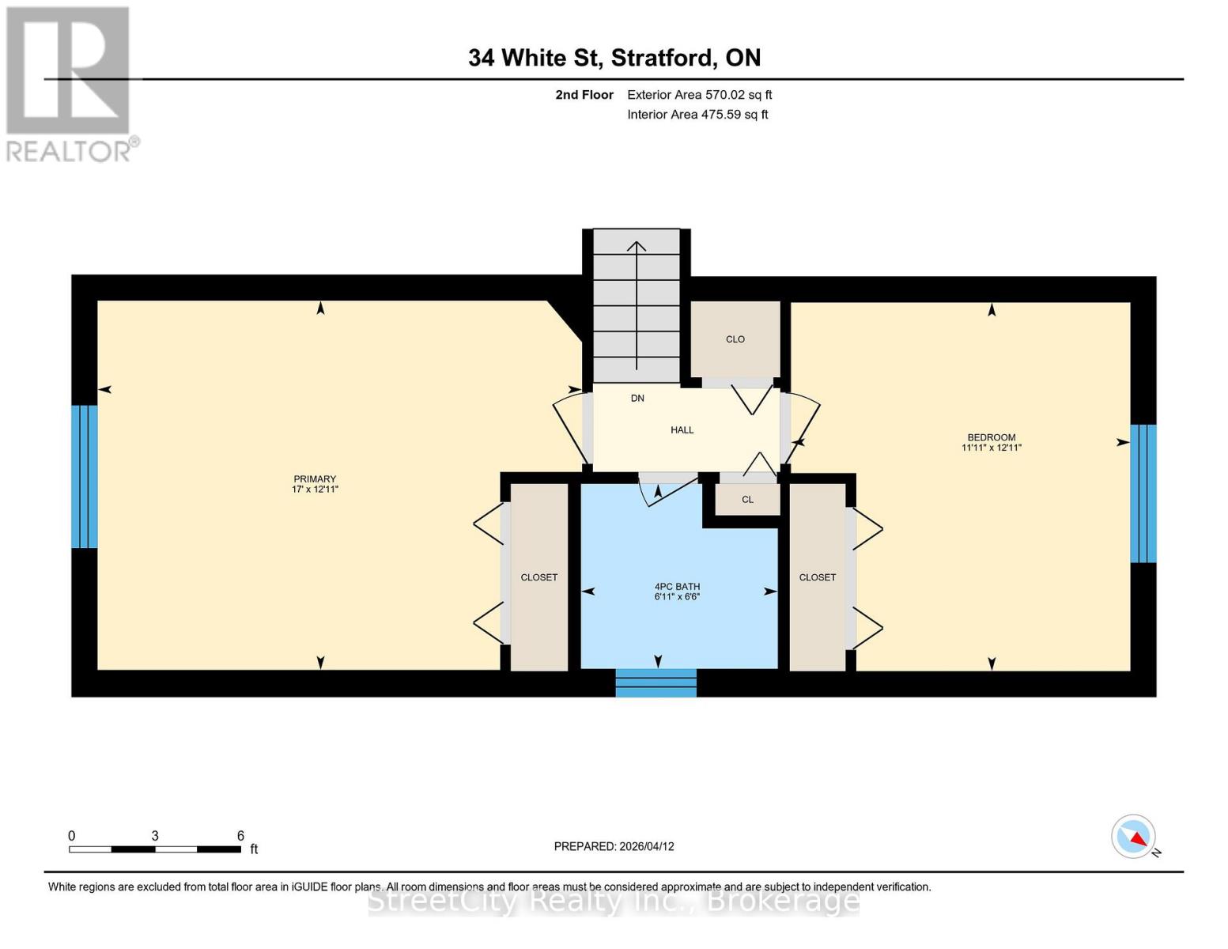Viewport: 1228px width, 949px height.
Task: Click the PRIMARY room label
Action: coord(315,479)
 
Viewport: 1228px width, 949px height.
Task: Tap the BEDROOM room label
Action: coord(991,437)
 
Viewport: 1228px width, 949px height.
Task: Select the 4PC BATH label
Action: coord(677,587)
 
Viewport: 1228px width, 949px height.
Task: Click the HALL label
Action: coord(682,430)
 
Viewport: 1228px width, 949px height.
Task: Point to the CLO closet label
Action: coord(735,339)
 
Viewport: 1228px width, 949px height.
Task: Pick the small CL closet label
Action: coord(747,500)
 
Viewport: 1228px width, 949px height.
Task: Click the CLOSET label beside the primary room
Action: coord(538,577)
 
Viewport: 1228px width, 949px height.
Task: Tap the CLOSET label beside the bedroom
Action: coord(817,577)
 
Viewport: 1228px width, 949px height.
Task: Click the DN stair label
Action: coord(637,399)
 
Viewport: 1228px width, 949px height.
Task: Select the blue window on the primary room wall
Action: coord(85,476)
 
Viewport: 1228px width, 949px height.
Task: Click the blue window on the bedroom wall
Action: coord(1143,493)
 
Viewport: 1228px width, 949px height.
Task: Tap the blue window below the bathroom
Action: coord(656,683)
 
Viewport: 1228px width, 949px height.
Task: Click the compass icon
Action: coord(1134,837)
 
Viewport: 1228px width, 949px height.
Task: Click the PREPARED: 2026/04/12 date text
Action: coord(614,846)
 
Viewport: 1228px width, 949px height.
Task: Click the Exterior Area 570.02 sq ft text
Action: coord(699,95)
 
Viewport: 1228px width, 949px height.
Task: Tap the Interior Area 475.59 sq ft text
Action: coord(697,115)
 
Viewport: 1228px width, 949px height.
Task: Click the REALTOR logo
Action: coord(70,84)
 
